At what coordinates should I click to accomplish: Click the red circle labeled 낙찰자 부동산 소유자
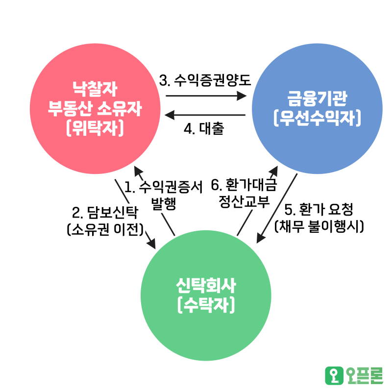(x=95, y=109)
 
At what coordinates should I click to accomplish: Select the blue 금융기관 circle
(x=317, y=109)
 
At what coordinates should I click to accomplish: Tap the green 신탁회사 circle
(x=206, y=295)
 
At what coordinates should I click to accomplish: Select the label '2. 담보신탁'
(x=105, y=213)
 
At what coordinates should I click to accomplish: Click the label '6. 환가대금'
(x=244, y=186)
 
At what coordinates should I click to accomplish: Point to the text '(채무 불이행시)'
(x=318, y=227)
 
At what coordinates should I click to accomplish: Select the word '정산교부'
(x=244, y=202)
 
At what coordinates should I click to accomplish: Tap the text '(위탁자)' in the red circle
(x=95, y=128)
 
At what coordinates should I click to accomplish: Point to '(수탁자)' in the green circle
(x=206, y=305)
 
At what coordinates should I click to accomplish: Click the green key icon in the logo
(x=334, y=375)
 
